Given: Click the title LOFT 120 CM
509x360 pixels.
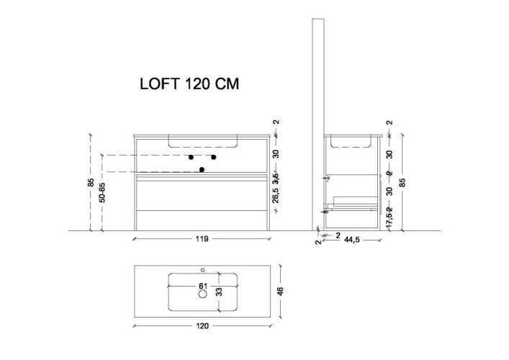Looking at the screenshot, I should pyautogui.click(x=188, y=83).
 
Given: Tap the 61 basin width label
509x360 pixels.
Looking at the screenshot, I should pyautogui.click(x=203, y=285).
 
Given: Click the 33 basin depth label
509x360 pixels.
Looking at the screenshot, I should pyautogui.click(x=220, y=292).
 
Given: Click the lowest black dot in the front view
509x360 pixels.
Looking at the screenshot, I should pyautogui.click(x=202, y=170).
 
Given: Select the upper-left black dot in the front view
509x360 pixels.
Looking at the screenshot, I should pyautogui.click(x=191, y=156).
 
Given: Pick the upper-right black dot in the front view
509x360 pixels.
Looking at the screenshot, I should pyautogui.click(x=214, y=156).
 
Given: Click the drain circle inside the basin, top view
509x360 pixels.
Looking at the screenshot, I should pyautogui.click(x=202, y=294).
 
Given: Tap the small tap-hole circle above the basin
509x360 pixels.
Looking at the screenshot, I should pyautogui.click(x=202, y=270).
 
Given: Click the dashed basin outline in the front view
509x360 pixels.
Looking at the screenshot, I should pyautogui.click(x=202, y=142).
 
